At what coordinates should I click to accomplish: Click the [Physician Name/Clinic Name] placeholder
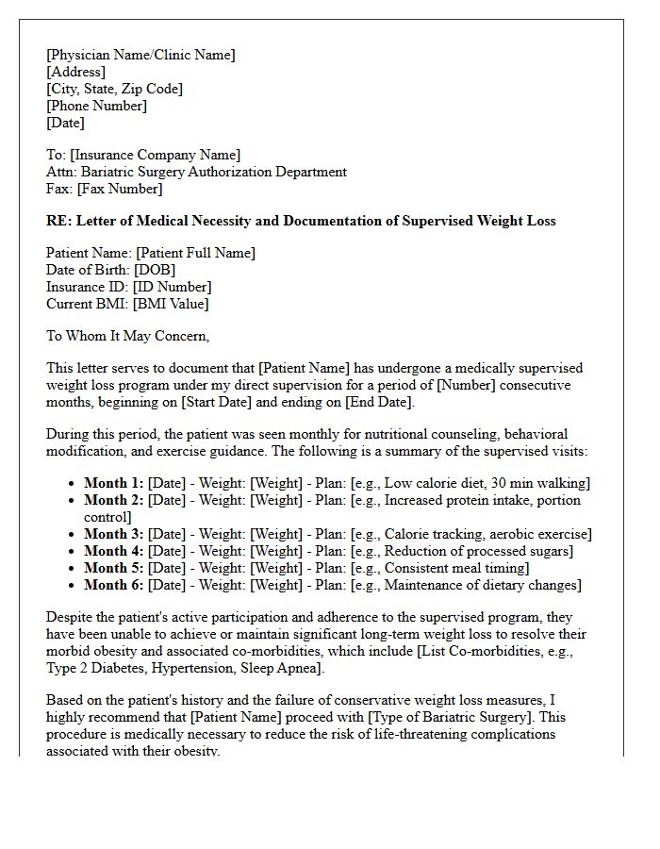pyautogui.click(x=140, y=55)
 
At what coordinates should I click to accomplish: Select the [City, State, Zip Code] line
pyautogui.click(x=114, y=89)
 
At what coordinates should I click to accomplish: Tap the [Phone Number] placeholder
pyautogui.click(x=96, y=106)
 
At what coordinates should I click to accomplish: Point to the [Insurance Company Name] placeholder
pyautogui.click(x=156, y=155)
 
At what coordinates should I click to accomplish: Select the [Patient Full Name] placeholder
pyautogui.click(x=195, y=253)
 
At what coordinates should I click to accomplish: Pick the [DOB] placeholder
pyautogui.click(x=156, y=270)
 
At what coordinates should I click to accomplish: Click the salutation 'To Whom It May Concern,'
pyautogui.click(x=127, y=336)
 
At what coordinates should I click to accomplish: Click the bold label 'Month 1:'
pyautogui.click(x=114, y=483)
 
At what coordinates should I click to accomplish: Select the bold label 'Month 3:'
pyautogui.click(x=114, y=534)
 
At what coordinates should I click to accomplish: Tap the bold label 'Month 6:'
pyautogui.click(x=114, y=585)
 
